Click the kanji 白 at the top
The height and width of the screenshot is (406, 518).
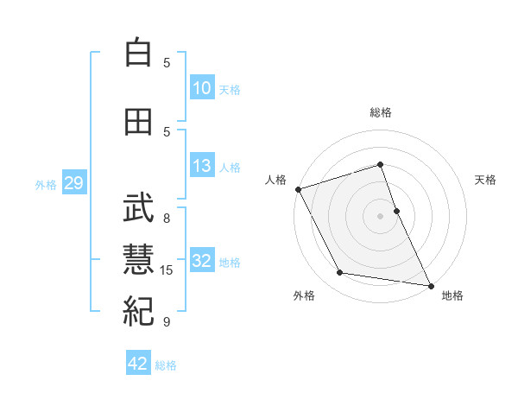138,54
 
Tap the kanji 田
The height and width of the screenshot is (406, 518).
138,122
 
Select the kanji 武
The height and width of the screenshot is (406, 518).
138,208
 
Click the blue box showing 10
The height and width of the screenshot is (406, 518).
202,88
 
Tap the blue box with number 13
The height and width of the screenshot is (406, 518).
202,166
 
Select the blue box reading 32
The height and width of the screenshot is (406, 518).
202,261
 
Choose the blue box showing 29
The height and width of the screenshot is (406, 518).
73,183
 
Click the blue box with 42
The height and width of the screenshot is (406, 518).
138,364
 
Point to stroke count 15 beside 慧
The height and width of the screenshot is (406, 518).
167,270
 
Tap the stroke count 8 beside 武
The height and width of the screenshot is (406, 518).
167,219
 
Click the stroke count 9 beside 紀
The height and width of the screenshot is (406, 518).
167,322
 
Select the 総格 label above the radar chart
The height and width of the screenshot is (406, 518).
381,112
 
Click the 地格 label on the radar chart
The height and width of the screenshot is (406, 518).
452,295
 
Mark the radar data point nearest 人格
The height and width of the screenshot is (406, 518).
298,189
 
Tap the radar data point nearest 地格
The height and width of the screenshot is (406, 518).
430,284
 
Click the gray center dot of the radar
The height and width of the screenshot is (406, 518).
381,215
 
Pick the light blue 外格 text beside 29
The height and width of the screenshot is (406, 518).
46,184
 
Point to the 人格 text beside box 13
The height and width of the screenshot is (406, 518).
230,167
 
